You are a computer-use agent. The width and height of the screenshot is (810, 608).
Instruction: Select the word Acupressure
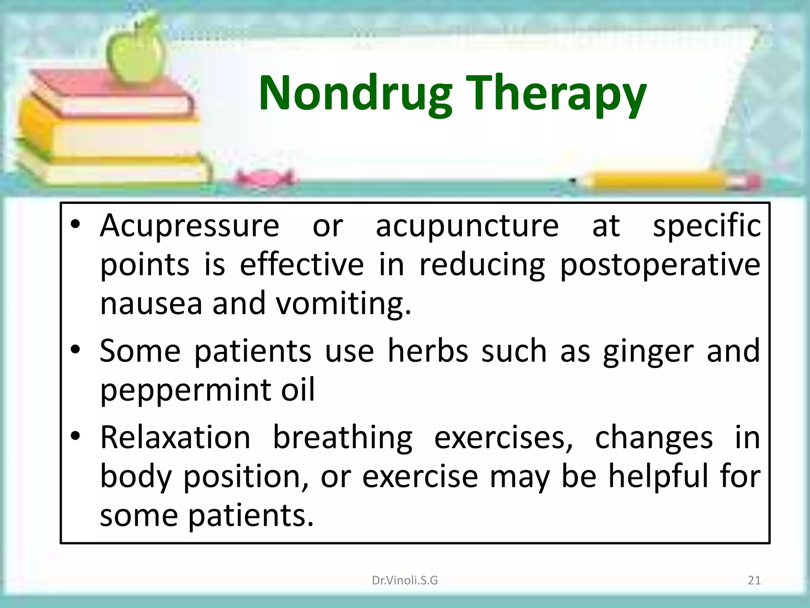coord(189,226)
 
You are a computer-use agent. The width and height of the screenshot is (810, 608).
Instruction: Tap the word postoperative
coord(660,265)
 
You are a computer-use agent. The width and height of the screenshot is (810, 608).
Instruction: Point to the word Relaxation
coord(175,437)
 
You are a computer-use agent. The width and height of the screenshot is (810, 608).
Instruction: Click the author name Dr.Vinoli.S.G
coord(405,580)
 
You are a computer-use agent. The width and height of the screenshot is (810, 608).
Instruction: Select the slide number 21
coord(754,580)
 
